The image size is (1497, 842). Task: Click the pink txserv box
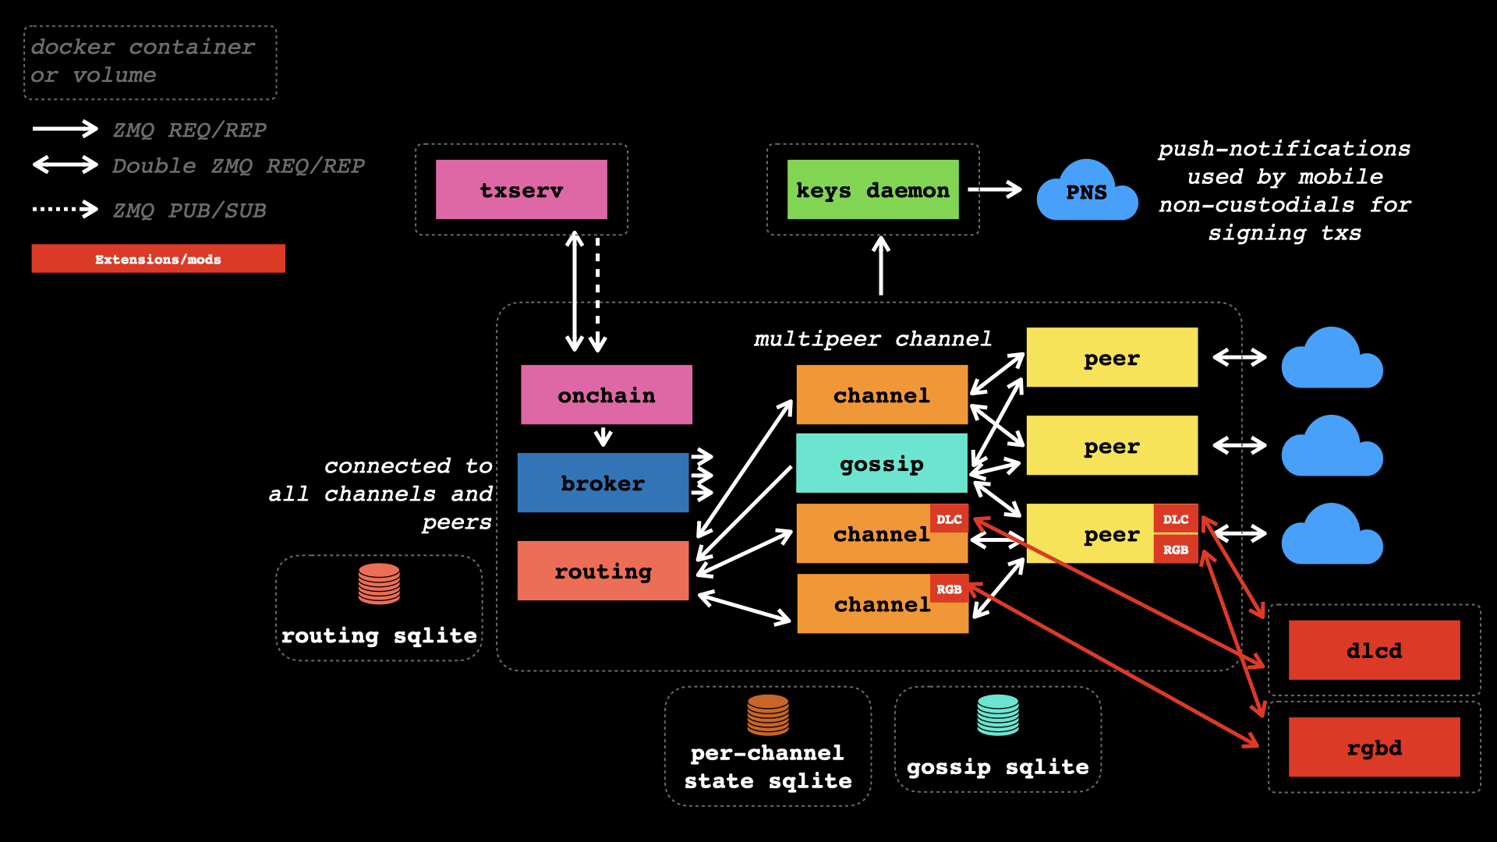click(x=521, y=189)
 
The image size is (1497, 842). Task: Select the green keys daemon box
click(x=872, y=189)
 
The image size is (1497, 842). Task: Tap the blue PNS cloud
click(x=1086, y=192)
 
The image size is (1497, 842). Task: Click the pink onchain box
click(x=606, y=394)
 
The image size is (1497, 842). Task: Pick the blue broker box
click(x=603, y=483)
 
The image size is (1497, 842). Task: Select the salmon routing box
click(x=603, y=571)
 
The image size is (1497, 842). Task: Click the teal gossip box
click(x=881, y=463)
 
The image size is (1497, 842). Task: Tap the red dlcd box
click(x=1374, y=650)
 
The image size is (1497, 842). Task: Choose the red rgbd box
click(x=1374, y=747)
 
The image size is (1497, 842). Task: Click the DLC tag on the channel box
click(x=949, y=519)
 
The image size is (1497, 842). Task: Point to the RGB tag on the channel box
click(x=949, y=589)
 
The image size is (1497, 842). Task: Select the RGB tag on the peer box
click(x=1176, y=550)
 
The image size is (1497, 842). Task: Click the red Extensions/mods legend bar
click(x=158, y=259)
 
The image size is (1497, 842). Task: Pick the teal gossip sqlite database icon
click(x=998, y=715)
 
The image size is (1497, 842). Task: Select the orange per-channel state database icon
click(x=768, y=715)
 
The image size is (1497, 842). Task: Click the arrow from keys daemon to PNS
click(x=995, y=189)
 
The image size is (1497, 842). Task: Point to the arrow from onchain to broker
click(x=603, y=437)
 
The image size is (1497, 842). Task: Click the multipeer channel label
click(x=872, y=339)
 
